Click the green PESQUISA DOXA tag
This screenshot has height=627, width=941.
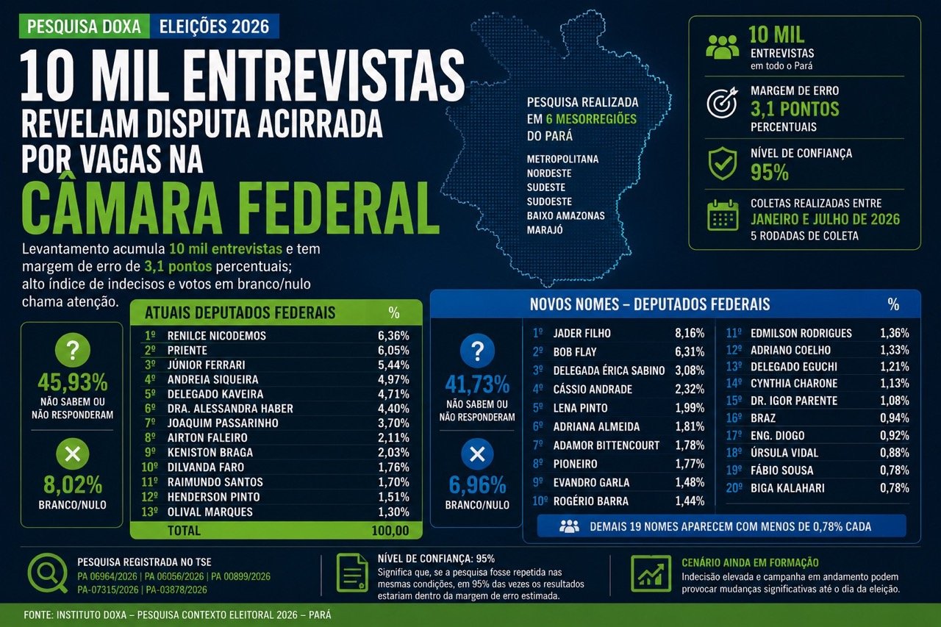pos(85,26)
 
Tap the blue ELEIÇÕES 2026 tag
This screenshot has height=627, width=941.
pos(214,26)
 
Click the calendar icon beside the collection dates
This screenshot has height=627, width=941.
pos(723,215)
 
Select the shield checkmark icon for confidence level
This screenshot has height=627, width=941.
pos(723,163)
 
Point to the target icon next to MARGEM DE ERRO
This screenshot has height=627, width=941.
pos(722,102)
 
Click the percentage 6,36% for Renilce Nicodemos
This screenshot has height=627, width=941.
pos(393,335)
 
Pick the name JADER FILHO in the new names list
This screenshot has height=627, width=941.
pos(582,333)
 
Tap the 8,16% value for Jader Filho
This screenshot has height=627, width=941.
pos(690,333)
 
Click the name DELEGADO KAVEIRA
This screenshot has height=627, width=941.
pos(215,394)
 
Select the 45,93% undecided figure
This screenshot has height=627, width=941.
pos(73,382)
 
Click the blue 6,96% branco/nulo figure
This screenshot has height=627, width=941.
pos(477,485)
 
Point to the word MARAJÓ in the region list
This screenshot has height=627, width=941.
pos(545,230)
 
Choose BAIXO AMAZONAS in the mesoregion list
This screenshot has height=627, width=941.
pos(566,215)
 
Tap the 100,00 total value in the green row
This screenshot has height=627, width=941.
pos(390,531)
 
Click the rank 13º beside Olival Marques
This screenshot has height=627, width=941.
pos(149,512)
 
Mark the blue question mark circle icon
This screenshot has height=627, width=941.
pos(477,351)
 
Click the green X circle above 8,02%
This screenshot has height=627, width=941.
pos(73,454)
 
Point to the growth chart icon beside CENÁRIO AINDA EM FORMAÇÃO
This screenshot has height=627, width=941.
pos(651,573)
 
